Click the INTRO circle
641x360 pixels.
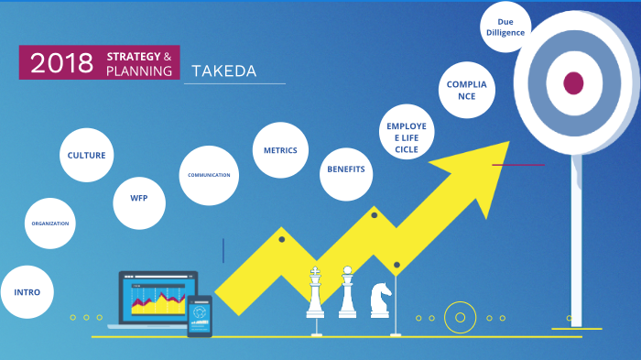(27, 292)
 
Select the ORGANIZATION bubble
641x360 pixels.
(49, 224)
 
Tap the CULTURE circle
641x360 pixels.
(87, 155)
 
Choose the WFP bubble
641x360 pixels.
(139, 203)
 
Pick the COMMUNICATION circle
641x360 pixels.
(209, 176)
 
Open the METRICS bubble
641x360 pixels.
(280, 150)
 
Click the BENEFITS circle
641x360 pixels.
(346, 174)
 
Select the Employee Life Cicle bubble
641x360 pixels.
(407, 132)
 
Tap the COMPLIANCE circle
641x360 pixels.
(467, 90)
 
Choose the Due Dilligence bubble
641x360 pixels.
(505, 27)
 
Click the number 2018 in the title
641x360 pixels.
(61, 63)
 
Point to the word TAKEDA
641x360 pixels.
(224, 71)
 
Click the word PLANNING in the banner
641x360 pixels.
(139, 71)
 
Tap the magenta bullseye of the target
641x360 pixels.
(573, 83)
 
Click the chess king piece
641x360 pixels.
(315, 292)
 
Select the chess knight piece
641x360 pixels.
(380, 300)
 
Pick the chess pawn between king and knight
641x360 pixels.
(347, 291)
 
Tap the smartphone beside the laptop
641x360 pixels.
(200, 316)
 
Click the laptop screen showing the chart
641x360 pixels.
(158, 299)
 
